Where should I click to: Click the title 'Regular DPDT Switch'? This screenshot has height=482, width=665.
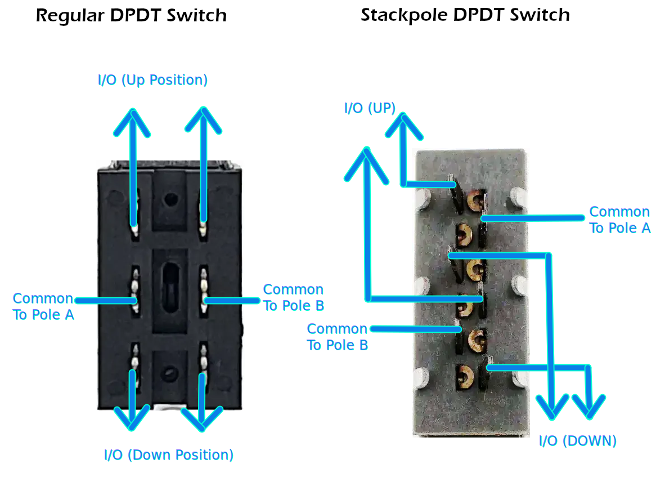pyautogui.click(x=131, y=15)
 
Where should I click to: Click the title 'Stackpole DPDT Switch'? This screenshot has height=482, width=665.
pyautogui.click(x=465, y=15)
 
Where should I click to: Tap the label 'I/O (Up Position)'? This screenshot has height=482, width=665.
pyautogui.click(x=152, y=80)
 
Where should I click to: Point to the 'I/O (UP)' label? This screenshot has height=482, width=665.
pyautogui.click(x=370, y=108)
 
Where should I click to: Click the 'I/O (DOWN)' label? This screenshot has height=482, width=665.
pyautogui.click(x=578, y=441)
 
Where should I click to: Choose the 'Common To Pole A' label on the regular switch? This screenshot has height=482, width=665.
pyautogui.click(x=43, y=306)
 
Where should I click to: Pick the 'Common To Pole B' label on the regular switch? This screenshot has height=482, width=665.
pyautogui.click(x=293, y=297)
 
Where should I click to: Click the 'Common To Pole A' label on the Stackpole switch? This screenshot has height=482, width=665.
pyautogui.click(x=619, y=220)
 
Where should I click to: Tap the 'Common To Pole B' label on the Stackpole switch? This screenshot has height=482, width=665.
pyautogui.click(x=337, y=336)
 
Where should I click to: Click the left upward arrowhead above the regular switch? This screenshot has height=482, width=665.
pyautogui.click(x=132, y=122)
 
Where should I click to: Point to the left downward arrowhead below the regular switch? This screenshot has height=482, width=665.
pyautogui.click(x=132, y=417)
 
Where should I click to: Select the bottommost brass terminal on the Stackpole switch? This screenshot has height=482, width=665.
pyautogui.click(x=465, y=375)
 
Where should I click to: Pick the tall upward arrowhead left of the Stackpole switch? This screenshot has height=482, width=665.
pyautogui.click(x=366, y=163)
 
